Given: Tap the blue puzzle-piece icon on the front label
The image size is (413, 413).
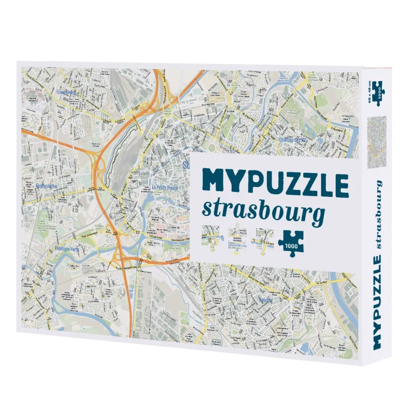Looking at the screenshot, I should point(290,241).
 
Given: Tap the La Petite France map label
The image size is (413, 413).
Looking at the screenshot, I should point(165,188).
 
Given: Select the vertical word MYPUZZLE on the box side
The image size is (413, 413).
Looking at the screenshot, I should point(377,290).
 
